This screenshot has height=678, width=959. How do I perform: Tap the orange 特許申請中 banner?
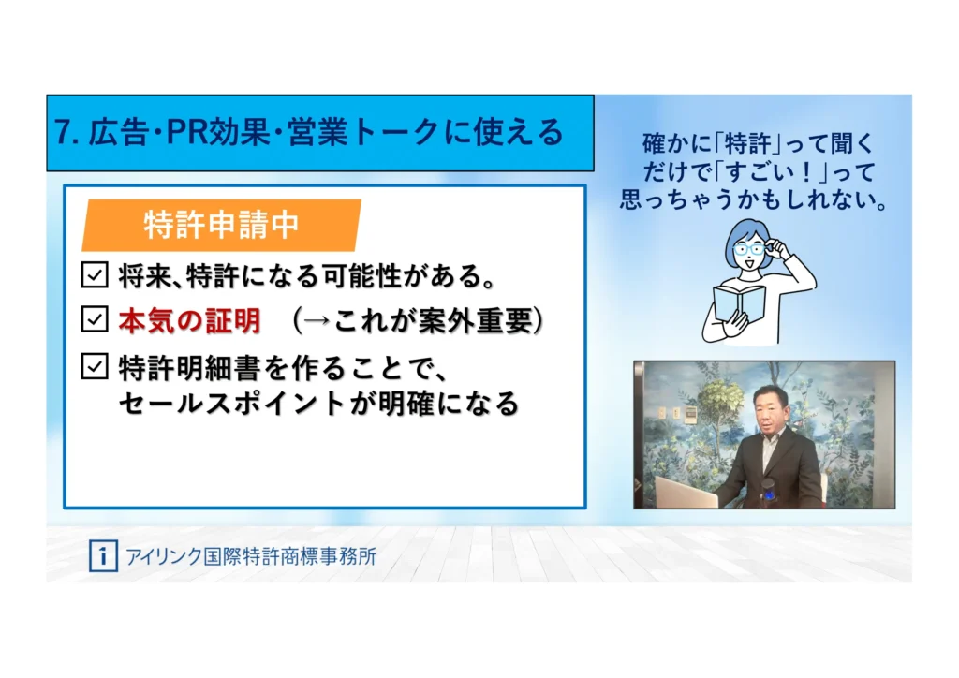(221, 225)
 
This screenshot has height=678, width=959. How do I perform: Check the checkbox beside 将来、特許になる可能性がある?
(95, 275)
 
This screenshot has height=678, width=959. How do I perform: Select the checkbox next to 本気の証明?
(95, 319)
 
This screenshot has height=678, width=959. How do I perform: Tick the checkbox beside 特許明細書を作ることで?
(95, 366)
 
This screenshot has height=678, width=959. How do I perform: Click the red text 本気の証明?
(189, 320)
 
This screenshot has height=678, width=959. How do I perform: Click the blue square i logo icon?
(103, 555)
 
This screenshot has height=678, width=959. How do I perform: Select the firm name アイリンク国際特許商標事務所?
(251, 556)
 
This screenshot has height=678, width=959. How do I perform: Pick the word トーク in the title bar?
(396, 133)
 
